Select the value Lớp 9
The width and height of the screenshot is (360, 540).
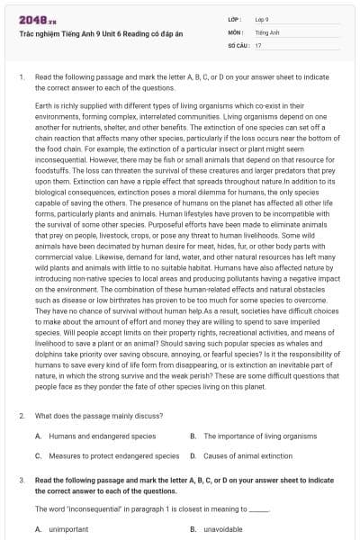(x=262, y=19)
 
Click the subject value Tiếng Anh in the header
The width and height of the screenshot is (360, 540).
(x=265, y=31)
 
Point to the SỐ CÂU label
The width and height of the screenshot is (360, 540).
(x=238, y=44)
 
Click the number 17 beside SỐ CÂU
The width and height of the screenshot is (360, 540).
(x=258, y=44)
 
